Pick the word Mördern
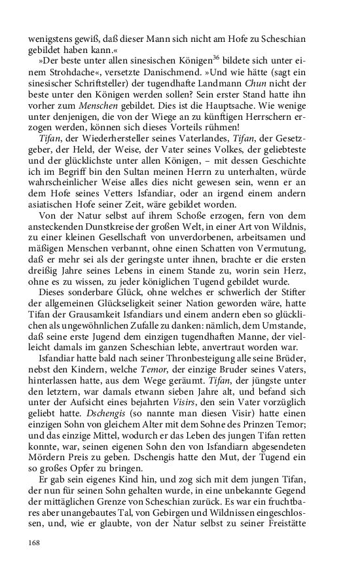pyautogui.click(x=47, y=484)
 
